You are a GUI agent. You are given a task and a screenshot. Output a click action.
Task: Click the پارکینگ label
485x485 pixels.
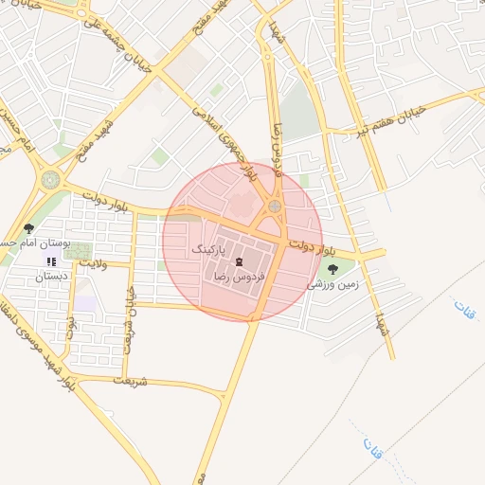coord(210,248)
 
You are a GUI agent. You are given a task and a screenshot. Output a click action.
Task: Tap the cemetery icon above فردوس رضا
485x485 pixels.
coord(238,260)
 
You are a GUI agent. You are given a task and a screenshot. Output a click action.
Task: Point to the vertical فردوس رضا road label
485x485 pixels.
coord(278,142)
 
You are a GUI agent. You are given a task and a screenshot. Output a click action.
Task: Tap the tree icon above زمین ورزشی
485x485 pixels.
coord(332,269)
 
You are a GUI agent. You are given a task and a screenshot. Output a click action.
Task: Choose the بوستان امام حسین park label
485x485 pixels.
coord(27,243)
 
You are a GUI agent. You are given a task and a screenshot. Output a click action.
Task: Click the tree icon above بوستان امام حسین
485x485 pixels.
coord(28,228)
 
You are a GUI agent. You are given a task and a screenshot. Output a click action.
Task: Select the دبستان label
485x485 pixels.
coord(52,277)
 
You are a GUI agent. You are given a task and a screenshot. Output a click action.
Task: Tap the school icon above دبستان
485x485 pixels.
coord(52,261)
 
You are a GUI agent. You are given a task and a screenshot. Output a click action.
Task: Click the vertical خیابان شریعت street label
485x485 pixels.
coord(132,320)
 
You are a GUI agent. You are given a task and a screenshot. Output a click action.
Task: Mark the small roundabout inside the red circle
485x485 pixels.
coord(275,206)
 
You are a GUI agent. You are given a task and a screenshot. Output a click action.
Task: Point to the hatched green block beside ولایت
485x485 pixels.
coord(79,252)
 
